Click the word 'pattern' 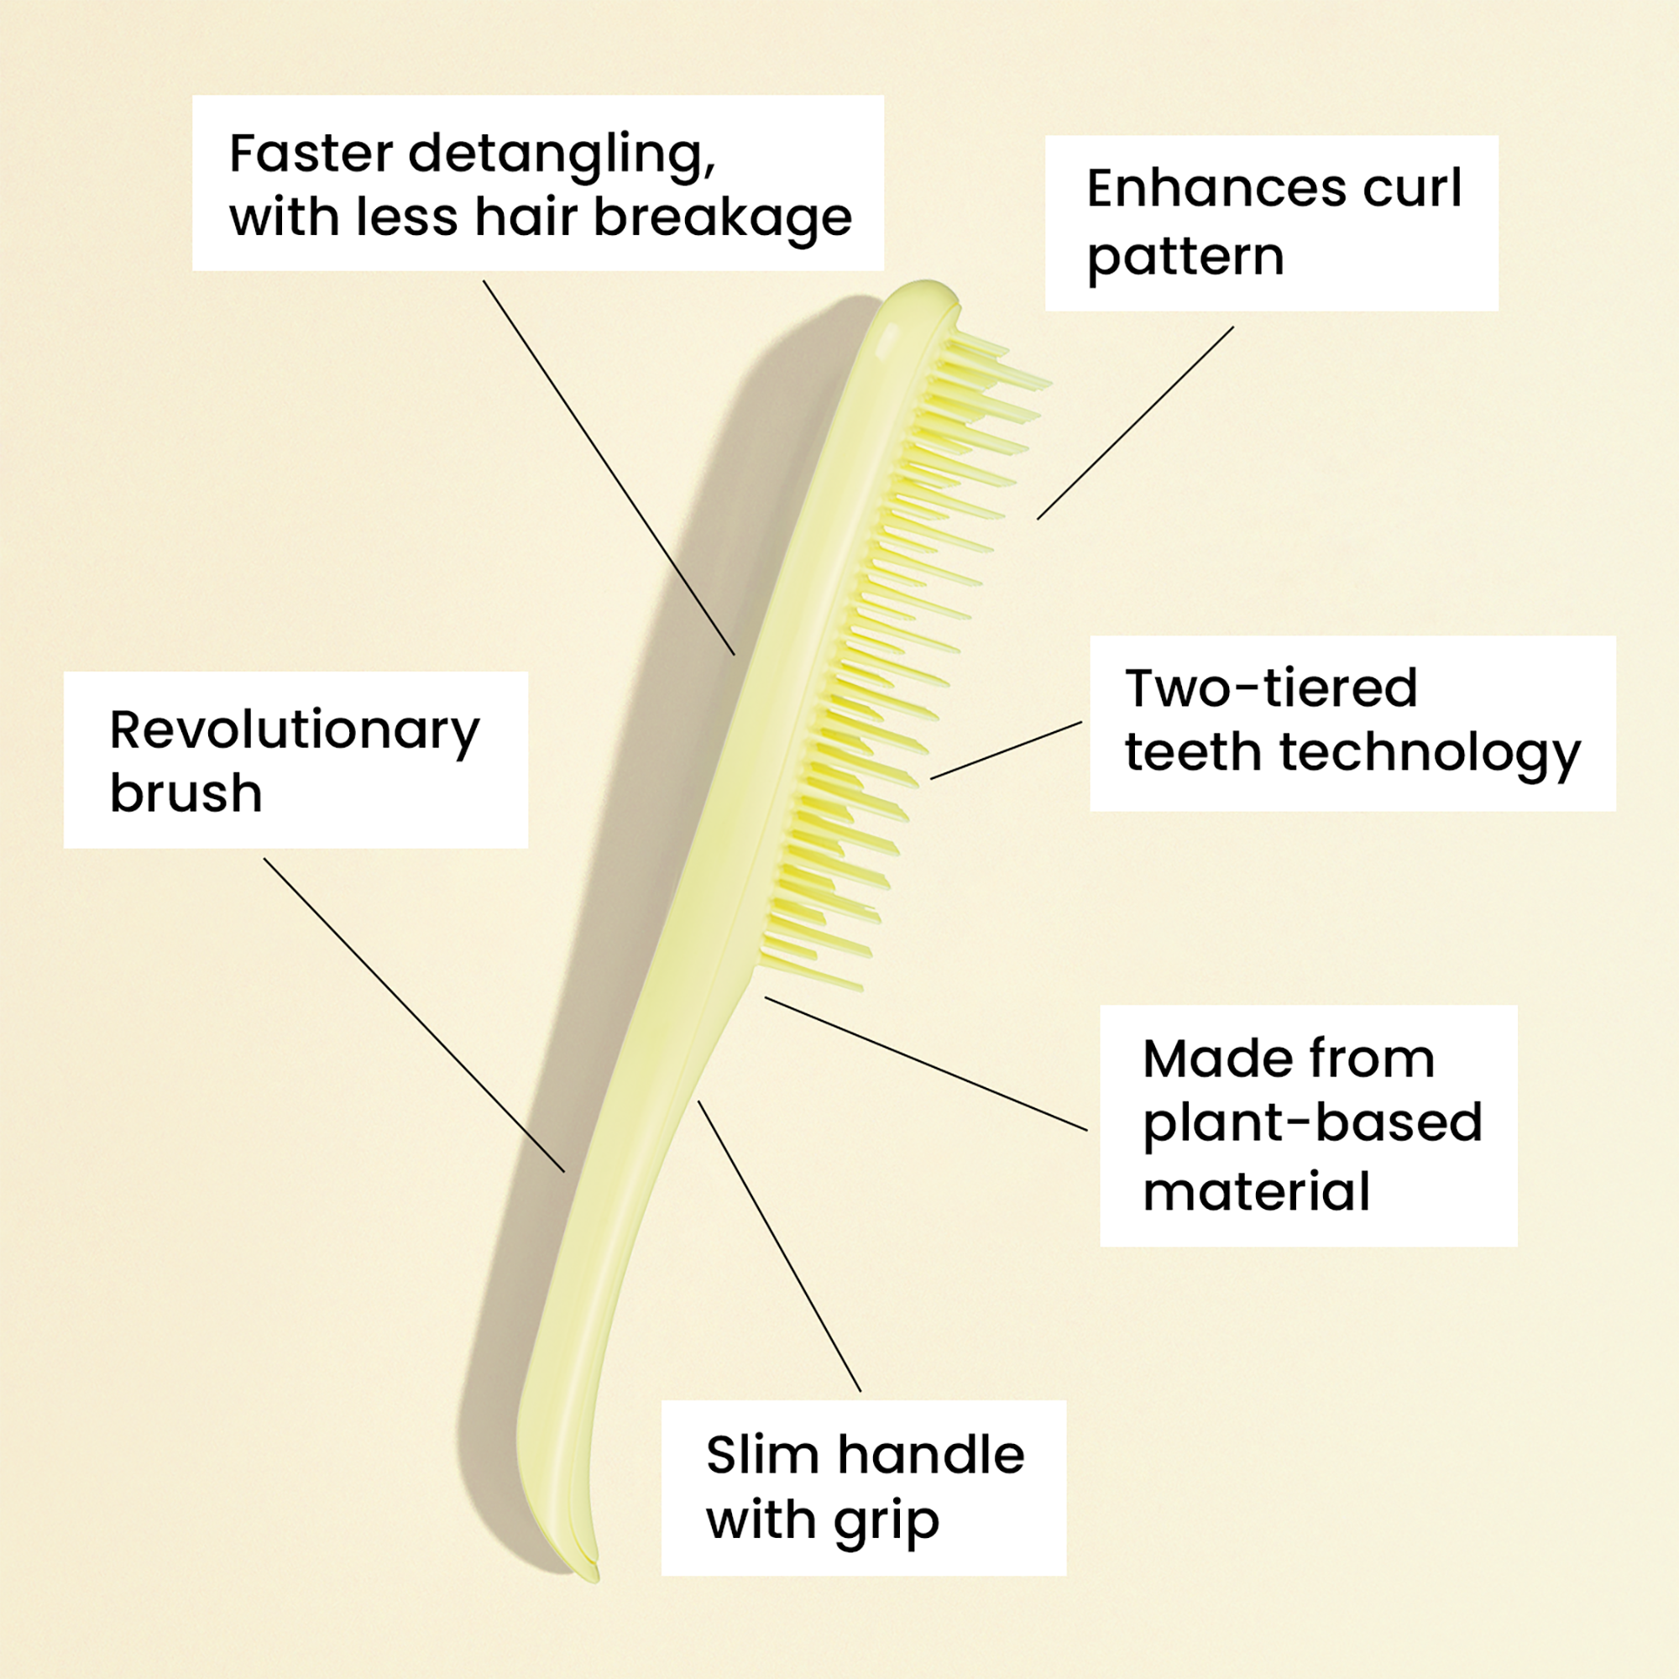tap(1185, 258)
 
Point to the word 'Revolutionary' tap(294, 731)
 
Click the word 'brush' tap(185, 793)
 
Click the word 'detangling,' tap(562, 155)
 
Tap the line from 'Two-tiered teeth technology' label tap(1007, 750)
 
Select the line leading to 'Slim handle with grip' tap(779, 1245)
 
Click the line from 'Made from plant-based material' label tap(925, 1064)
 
